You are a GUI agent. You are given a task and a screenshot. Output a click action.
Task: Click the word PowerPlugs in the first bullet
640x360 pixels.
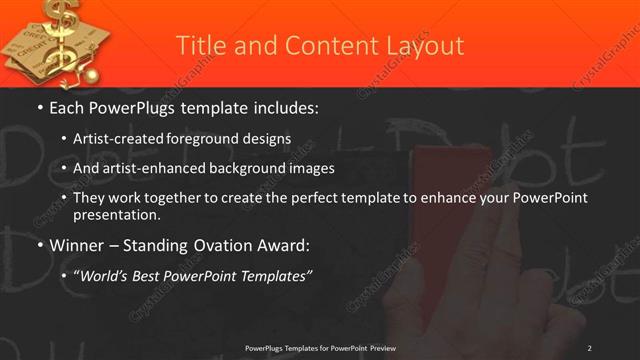click(134, 106)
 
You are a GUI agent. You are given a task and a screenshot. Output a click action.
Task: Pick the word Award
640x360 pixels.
click(285, 244)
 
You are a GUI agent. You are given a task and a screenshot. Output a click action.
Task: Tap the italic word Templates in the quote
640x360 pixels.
click(275, 275)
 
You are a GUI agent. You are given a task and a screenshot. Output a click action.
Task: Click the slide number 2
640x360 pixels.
click(589, 348)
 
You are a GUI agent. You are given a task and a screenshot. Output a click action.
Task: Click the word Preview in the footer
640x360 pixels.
click(377, 348)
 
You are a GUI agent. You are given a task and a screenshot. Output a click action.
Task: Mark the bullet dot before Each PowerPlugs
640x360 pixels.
click(39, 107)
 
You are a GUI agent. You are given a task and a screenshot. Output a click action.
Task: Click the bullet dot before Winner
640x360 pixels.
click(39, 245)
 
